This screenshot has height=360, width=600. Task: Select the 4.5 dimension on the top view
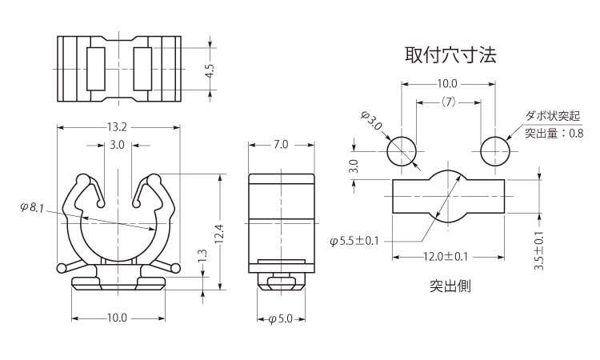(x=210, y=71)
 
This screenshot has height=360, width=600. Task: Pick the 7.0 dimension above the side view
(x=281, y=145)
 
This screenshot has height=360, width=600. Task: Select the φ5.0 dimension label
(x=280, y=318)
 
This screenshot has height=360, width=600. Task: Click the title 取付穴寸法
(x=450, y=55)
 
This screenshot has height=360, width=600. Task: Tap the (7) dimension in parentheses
(x=447, y=102)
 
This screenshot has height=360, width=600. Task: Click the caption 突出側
(x=450, y=286)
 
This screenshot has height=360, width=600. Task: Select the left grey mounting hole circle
(x=402, y=150)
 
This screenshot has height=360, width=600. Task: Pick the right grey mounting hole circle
(x=496, y=150)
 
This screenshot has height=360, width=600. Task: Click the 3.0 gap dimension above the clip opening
(x=117, y=146)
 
